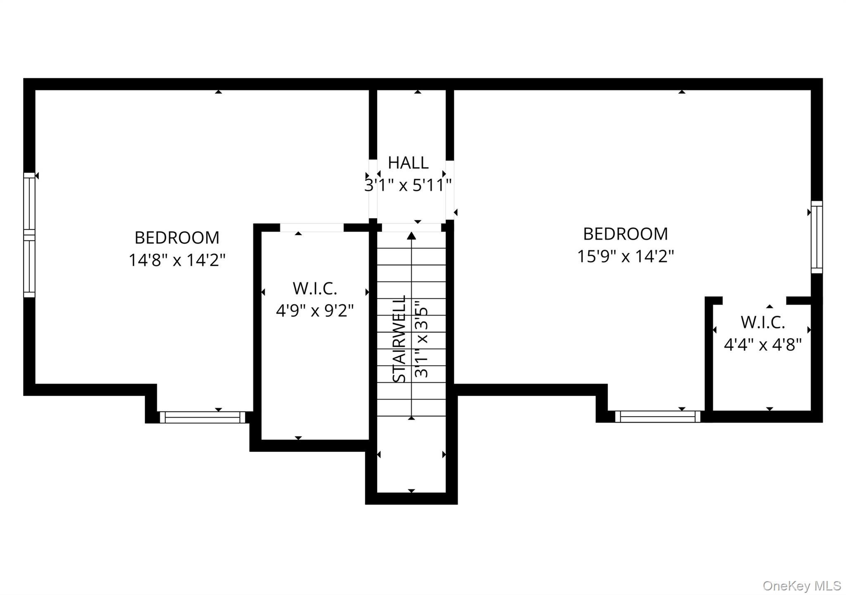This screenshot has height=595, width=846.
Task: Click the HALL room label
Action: [408, 163]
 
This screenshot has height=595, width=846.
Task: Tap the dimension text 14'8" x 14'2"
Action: [177, 260]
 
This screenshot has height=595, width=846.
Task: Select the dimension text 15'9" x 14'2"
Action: [625, 257]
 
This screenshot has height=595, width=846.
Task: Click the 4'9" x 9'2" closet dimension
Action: [315, 310]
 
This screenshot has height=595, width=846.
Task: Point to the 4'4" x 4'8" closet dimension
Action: [763, 345]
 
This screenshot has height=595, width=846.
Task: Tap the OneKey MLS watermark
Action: [801, 586]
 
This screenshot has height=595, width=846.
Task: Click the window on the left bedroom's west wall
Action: [29, 235]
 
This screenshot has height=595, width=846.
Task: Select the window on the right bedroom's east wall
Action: [817, 237]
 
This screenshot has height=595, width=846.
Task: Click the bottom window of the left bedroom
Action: [202, 417]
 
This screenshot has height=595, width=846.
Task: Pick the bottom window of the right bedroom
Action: [658, 416]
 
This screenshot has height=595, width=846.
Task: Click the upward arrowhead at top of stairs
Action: [411, 236]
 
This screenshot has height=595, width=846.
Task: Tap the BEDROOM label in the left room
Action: [177, 238]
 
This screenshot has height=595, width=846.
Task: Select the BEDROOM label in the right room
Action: [625, 234]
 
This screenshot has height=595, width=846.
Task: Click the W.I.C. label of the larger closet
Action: [315, 289]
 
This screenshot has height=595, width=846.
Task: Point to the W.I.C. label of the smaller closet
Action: [763, 323]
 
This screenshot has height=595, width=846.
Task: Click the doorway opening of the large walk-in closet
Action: [312, 228]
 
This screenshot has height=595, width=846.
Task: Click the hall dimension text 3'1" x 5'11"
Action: [408, 185]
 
